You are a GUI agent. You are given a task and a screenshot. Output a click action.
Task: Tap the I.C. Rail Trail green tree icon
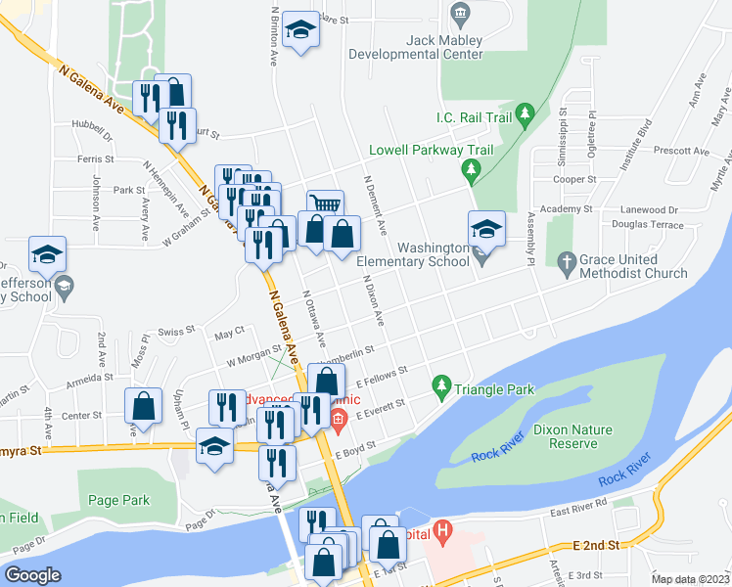coord(525,116)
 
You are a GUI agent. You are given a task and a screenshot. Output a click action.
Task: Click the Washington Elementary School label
coord(412,255)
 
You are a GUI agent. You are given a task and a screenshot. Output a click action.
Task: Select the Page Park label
coord(118,500)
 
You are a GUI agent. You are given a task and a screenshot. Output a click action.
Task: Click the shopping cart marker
coord(326,204)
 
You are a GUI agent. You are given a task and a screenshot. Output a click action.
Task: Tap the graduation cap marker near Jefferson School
coord(47,256)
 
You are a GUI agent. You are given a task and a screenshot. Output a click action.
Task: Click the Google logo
coord(31,574)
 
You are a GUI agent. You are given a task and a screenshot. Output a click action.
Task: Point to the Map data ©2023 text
coord(690,579)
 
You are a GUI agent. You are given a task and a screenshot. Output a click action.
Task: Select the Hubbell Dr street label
coord(93,124)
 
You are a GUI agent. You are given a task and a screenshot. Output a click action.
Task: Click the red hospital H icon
coord(443,533)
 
